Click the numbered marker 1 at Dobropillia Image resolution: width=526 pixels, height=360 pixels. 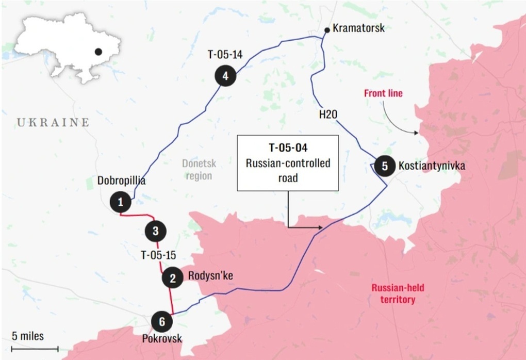click(121, 202)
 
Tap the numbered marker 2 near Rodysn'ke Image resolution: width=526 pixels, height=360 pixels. click(172, 278)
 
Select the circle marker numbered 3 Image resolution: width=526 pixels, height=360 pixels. click(156, 230)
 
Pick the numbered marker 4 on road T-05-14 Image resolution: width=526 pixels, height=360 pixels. click(225, 76)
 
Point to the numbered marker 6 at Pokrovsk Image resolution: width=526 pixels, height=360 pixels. click(162, 322)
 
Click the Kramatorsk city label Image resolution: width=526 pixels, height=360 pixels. click(358, 28)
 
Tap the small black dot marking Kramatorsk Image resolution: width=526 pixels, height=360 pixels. click(326, 30)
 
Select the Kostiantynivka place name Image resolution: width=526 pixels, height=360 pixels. click(432, 166)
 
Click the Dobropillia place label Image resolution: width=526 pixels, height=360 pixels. click(121, 181)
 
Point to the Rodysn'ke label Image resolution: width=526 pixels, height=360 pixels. click(210, 276)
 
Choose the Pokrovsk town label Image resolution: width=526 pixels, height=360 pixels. click(162, 339)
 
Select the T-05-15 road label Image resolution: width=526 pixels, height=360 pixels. click(158, 255)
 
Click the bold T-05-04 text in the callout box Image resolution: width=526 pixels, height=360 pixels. click(288, 149)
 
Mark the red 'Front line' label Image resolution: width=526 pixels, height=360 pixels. click(383, 93)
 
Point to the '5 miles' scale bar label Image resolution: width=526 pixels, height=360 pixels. click(28, 336)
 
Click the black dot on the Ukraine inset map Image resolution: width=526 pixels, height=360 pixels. click(98, 52)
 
